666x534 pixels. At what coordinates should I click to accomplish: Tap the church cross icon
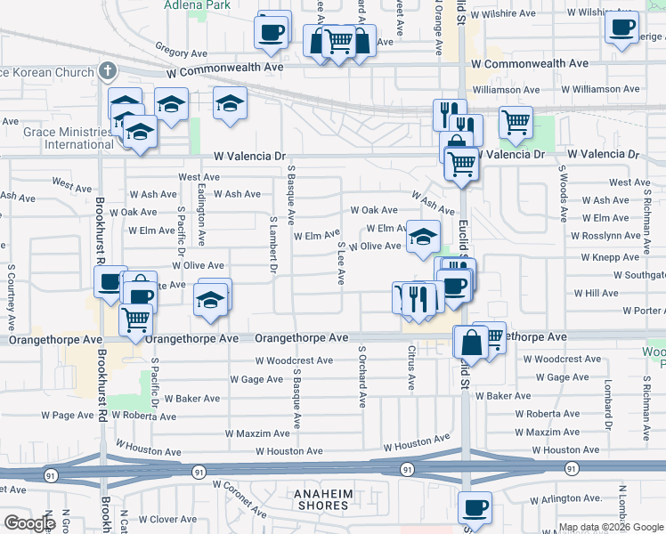(108, 69)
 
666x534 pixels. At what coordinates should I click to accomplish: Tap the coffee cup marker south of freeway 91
(475, 508)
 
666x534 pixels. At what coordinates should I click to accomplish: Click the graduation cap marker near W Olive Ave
(423, 237)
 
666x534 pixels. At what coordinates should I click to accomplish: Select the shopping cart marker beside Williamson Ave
(516, 124)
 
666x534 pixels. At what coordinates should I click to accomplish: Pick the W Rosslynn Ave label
(605, 236)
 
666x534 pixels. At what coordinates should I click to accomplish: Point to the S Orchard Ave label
(362, 376)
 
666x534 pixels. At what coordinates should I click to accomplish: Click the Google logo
(29, 523)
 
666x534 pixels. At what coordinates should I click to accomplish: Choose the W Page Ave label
(67, 415)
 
